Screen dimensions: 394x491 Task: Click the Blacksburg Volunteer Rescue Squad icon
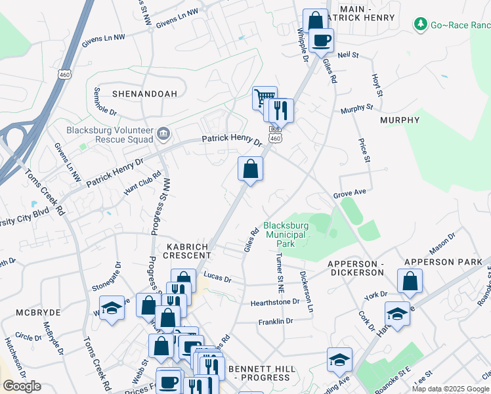[163, 135]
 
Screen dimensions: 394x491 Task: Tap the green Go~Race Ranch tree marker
[421, 24]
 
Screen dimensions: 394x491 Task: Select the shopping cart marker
[264, 98]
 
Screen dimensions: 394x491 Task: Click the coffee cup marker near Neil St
[321, 41]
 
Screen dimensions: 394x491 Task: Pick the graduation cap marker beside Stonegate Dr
[112, 308]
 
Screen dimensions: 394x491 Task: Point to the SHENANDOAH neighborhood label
[144, 94]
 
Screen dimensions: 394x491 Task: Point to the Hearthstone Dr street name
[274, 303]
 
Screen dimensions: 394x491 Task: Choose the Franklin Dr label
[275, 322]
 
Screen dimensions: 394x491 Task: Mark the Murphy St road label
[356, 108]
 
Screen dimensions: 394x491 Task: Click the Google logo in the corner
[22, 386]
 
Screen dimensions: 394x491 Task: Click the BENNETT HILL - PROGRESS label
[259, 373]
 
